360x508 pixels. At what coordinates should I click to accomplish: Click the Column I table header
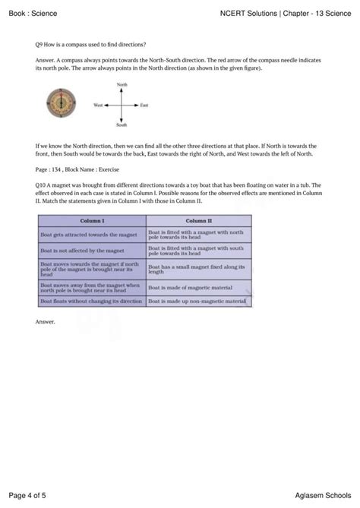[x=91, y=220]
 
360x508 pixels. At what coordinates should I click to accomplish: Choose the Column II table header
[x=200, y=220]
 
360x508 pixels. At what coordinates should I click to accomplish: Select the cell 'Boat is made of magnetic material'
[x=185, y=288]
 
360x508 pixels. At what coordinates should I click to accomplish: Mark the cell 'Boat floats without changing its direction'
[x=90, y=301]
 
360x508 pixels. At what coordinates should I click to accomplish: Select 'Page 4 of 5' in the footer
[x=27, y=495]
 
